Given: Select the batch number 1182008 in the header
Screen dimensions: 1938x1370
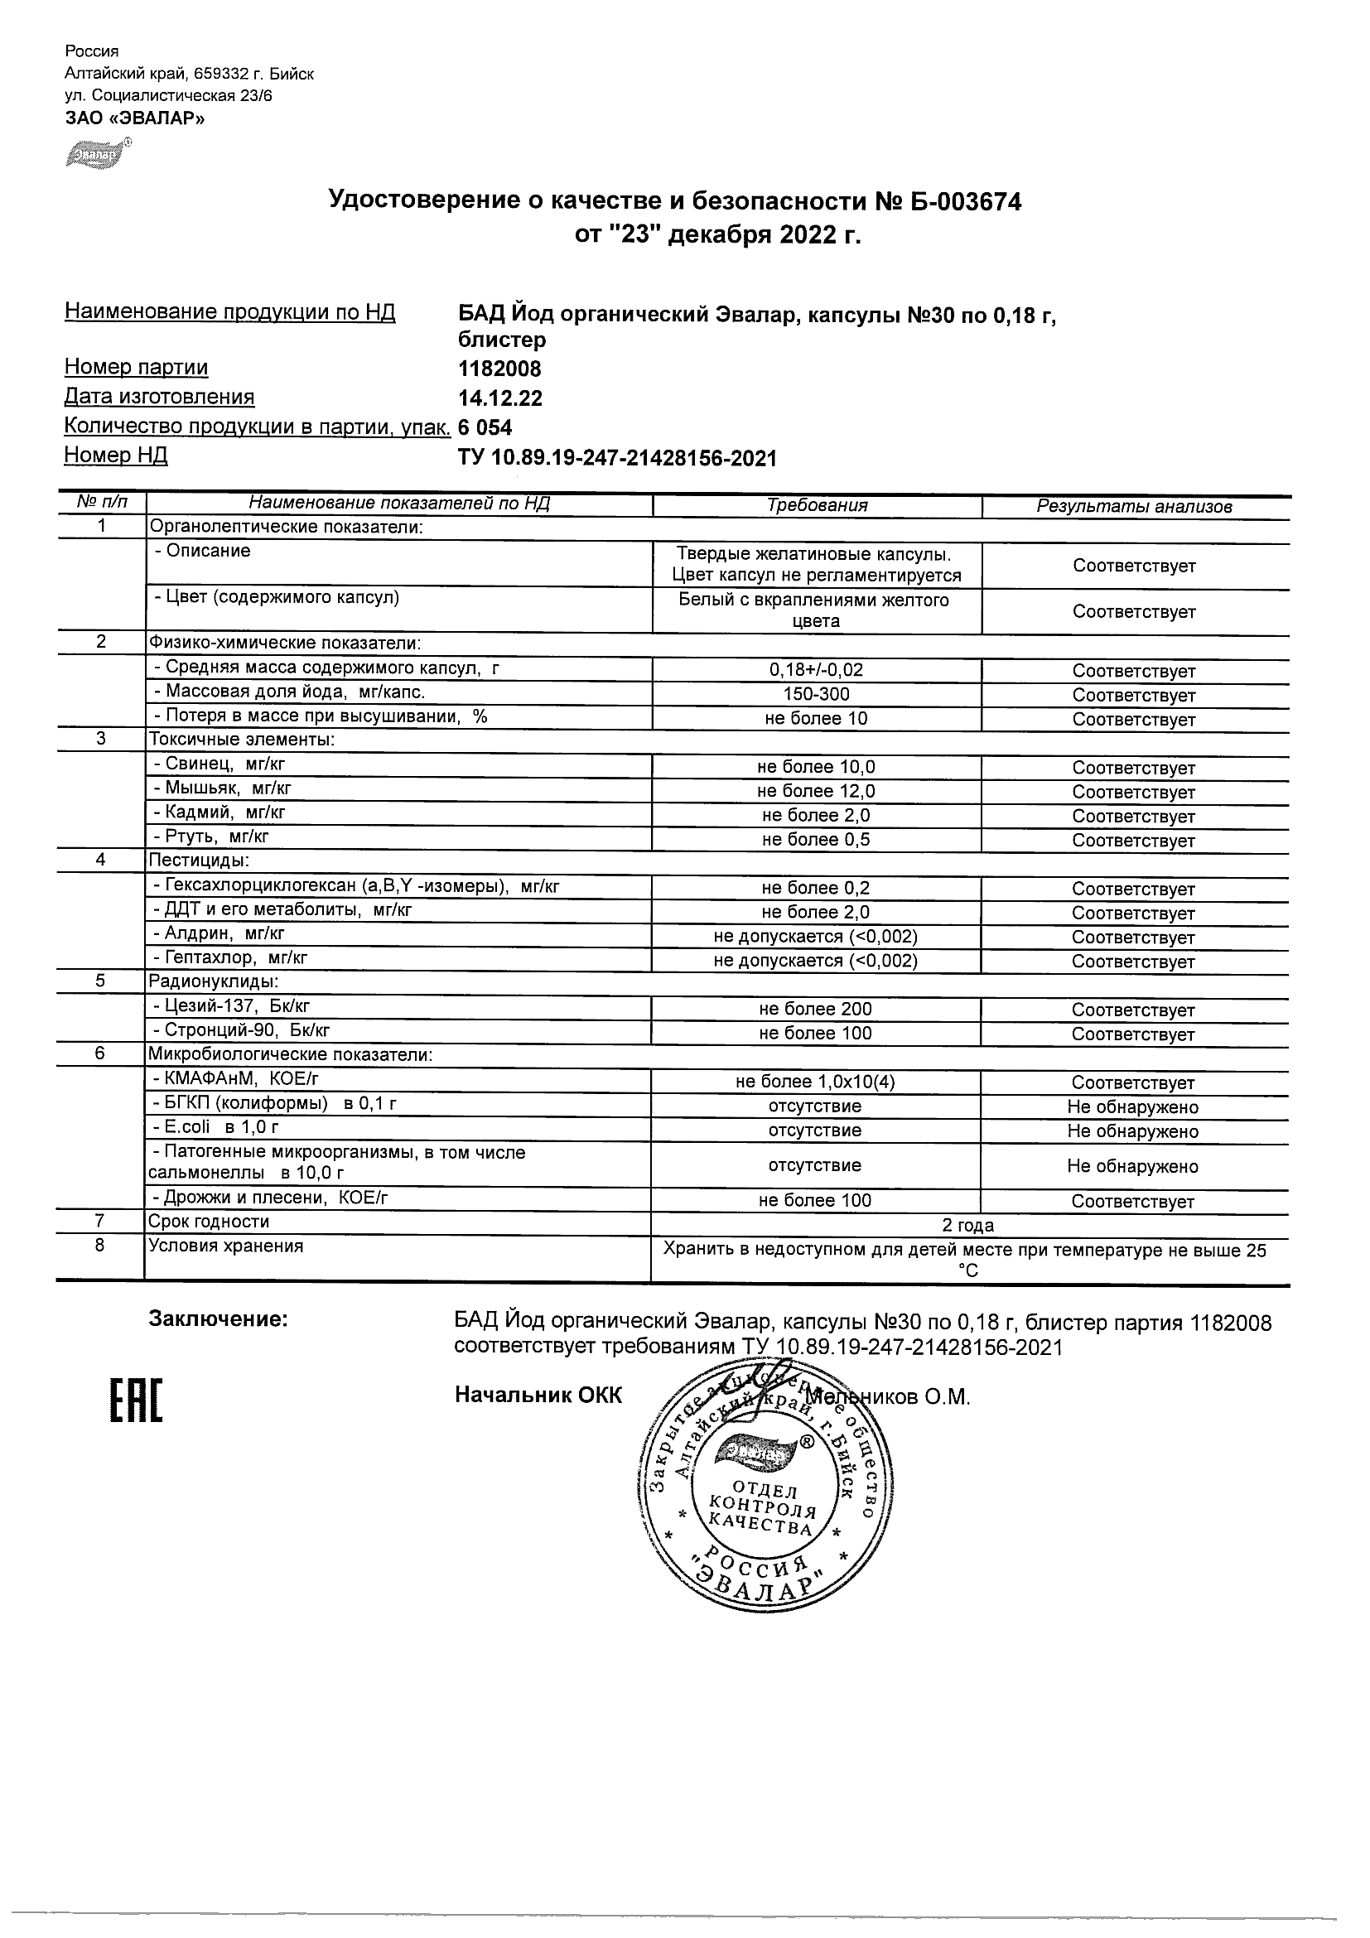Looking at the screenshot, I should point(499,369).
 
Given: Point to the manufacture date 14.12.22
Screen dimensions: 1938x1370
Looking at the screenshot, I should point(499,398).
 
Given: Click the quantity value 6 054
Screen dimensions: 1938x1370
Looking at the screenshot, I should point(485,428).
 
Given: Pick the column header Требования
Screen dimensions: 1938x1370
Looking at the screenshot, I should point(816,505).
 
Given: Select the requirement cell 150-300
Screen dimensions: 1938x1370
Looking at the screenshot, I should point(816,695).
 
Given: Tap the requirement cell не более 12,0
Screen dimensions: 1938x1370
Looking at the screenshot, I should point(816,791).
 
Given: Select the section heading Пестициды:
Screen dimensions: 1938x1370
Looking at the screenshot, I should point(198,861).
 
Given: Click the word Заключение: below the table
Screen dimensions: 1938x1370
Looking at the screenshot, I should point(218,1319).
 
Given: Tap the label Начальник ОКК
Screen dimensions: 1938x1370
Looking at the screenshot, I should point(538,1396).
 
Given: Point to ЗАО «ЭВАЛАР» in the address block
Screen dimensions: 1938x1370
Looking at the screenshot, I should point(135,118).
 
